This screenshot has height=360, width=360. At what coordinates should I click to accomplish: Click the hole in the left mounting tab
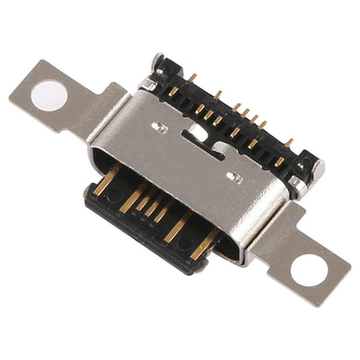coord(48,95)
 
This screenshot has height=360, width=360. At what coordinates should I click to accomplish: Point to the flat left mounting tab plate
coord(67,104)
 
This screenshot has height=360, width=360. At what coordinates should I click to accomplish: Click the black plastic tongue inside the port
coord(147,219)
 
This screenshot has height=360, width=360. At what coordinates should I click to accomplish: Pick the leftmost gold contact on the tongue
coord(105,184)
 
